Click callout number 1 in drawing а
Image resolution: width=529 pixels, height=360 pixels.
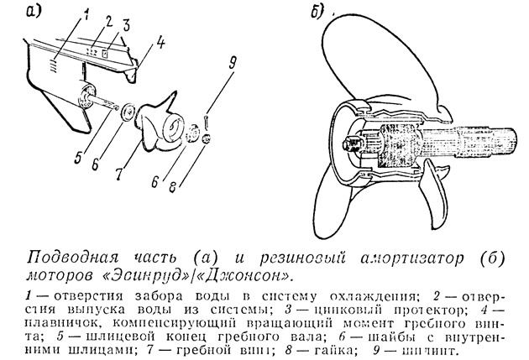point(86,14)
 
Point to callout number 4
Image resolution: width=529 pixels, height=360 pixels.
point(160,43)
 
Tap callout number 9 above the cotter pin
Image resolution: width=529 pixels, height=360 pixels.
point(232,63)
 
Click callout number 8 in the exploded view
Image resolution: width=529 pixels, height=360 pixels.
point(173,187)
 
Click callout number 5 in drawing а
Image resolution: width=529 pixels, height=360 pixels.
point(79,157)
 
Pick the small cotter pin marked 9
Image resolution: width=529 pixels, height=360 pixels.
point(206,122)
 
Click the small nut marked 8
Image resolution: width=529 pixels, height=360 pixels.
point(207,138)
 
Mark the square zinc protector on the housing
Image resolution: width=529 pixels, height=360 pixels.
point(105,53)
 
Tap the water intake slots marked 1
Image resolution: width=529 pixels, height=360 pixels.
point(53,65)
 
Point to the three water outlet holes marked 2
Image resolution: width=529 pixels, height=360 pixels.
point(92,52)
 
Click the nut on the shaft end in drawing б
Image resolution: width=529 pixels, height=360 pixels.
point(350,144)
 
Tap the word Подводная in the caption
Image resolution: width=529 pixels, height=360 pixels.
point(73,258)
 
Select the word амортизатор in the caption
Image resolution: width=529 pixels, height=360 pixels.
point(412,258)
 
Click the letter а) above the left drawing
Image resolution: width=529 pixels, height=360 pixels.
point(34,12)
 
